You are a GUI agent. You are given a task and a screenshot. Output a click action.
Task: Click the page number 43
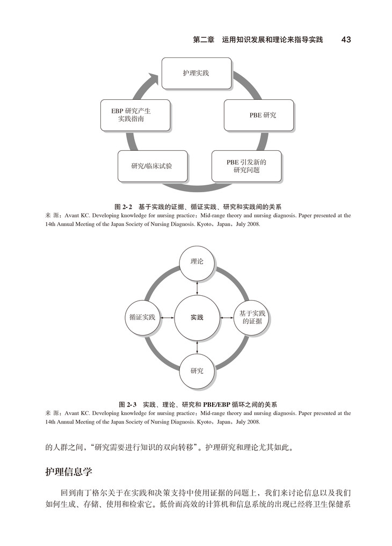346,40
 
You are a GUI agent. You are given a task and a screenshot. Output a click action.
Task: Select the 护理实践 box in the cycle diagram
197,74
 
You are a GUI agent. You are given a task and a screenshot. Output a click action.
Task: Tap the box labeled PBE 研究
259,115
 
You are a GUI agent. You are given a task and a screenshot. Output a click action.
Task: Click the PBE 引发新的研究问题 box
246,165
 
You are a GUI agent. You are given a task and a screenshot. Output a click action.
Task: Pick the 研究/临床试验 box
152,165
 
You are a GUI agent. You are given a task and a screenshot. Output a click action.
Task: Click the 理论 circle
197,263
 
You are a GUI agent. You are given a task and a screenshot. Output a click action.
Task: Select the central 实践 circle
197,317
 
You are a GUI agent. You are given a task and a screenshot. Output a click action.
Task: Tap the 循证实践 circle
142,317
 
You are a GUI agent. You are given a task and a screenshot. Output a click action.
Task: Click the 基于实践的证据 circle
252,317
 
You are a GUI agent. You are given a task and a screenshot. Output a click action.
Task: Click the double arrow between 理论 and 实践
197,287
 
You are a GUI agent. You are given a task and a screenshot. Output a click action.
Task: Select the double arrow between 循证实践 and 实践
168,317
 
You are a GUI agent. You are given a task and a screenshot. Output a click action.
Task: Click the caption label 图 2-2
124,207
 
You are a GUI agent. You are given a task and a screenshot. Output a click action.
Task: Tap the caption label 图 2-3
128,404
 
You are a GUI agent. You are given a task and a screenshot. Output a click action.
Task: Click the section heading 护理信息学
68,472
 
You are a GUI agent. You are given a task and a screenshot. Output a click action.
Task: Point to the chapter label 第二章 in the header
204,40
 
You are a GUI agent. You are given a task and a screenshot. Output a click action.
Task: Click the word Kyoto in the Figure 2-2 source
205,224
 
